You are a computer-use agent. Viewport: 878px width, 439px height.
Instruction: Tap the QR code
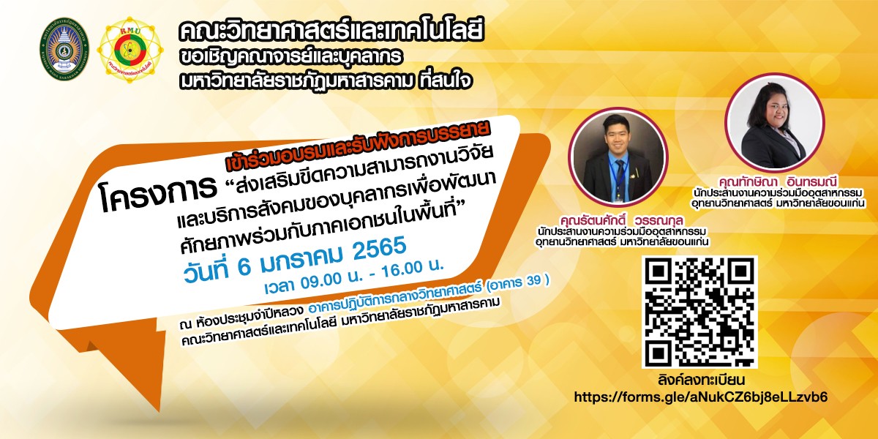point(699,312)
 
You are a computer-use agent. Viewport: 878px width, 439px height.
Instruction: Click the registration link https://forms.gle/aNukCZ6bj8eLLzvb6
point(701,397)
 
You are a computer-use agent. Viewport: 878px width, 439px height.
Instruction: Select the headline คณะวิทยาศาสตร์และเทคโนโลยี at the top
point(331,30)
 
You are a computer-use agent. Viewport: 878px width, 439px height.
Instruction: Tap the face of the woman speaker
point(775,112)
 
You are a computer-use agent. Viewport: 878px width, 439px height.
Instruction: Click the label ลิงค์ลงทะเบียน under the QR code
point(701,380)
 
